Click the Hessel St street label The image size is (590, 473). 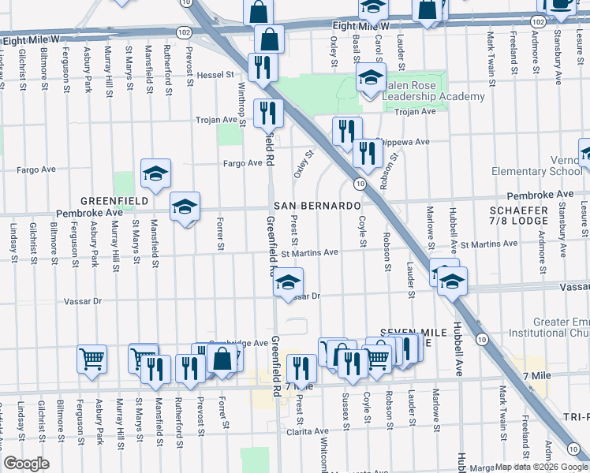click(x=216, y=76)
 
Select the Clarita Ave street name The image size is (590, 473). click(x=308, y=431)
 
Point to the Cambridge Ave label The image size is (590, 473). click(x=238, y=343)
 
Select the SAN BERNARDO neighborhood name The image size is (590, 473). click(x=318, y=205)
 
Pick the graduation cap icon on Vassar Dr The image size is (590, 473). click(x=289, y=281)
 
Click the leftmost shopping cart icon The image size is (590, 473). click(x=91, y=359)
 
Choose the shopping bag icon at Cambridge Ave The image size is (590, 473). click(x=222, y=359)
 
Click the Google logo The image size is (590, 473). click(x=26, y=464)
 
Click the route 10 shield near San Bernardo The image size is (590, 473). click(x=359, y=184)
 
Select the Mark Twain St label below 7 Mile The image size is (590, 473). click(x=502, y=409)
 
